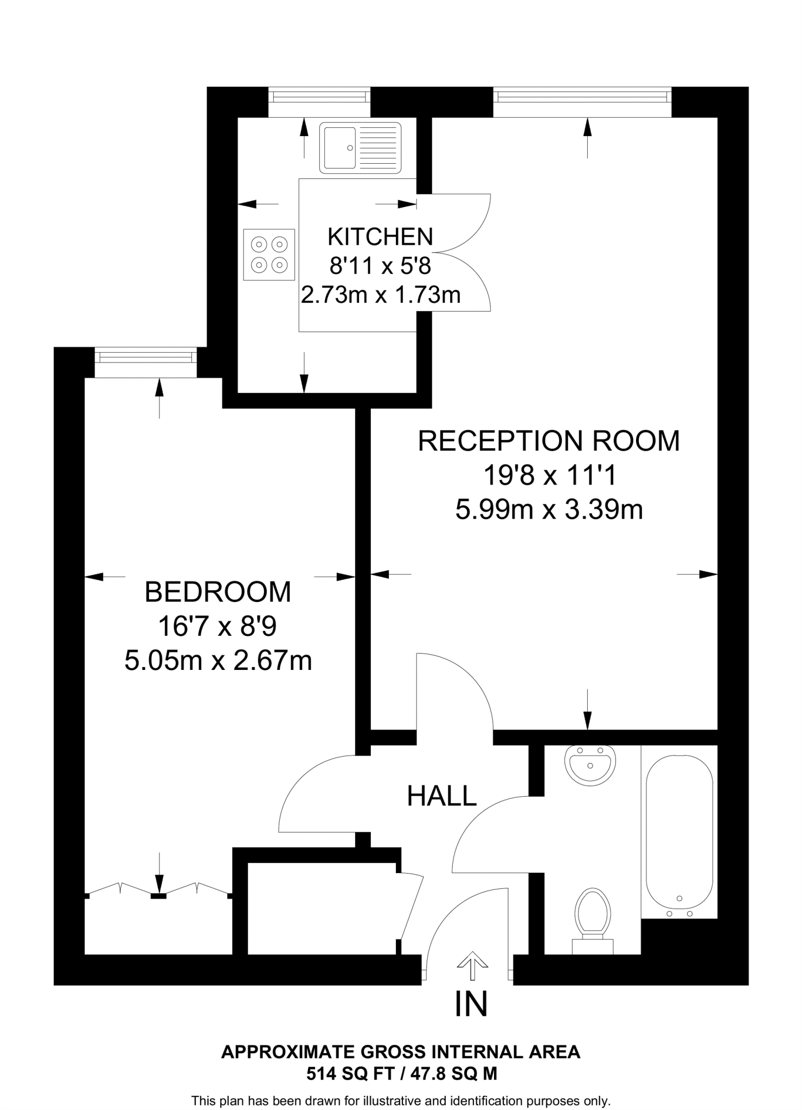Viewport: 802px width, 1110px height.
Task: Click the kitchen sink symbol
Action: pos(360,147)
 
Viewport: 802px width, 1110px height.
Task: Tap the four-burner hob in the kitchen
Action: pos(269,255)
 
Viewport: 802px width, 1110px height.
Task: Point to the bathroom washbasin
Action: pos(590,764)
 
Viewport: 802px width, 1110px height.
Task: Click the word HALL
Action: pos(441,796)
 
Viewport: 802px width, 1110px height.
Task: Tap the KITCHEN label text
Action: pos(380,237)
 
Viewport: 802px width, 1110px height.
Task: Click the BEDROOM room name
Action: pos(218,592)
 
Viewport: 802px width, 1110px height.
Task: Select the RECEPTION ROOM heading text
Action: pos(548,441)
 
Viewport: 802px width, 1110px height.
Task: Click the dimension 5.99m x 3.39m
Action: pos(549,510)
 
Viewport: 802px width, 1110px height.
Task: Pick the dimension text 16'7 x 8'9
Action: pos(217,627)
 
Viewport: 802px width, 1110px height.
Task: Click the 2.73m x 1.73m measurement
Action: pos(381,295)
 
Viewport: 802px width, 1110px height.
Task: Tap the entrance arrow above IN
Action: pos(472,966)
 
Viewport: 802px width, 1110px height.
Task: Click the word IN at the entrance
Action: pos(471,1004)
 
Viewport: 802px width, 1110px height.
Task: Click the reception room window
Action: pos(582,96)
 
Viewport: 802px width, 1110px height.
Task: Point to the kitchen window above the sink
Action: pos(319,96)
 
